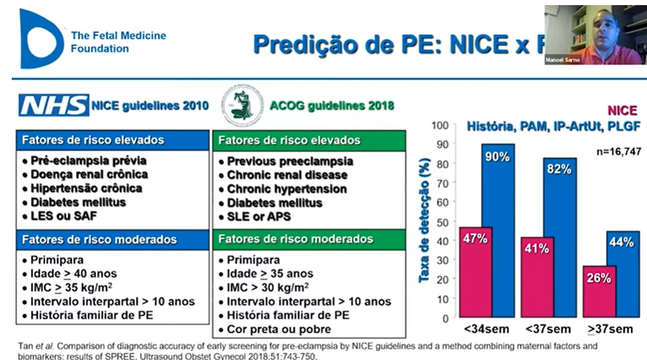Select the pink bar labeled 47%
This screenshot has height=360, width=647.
click(475, 272)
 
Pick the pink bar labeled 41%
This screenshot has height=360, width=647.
click(537, 278)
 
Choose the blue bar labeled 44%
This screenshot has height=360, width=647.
click(623, 275)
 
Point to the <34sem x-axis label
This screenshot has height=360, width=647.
click(481, 328)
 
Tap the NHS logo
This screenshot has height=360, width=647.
click(53, 105)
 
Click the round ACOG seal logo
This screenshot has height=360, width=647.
click(242, 105)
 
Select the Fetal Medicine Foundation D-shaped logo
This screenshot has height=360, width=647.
click(41, 38)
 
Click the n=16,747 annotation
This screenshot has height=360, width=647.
click(618, 151)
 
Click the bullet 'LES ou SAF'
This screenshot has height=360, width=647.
click(63, 216)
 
